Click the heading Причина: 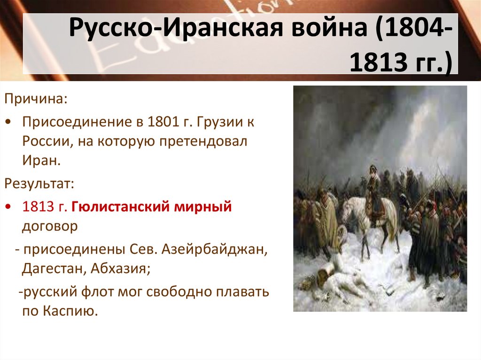tap(36, 99)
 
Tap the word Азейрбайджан tap(215, 249)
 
